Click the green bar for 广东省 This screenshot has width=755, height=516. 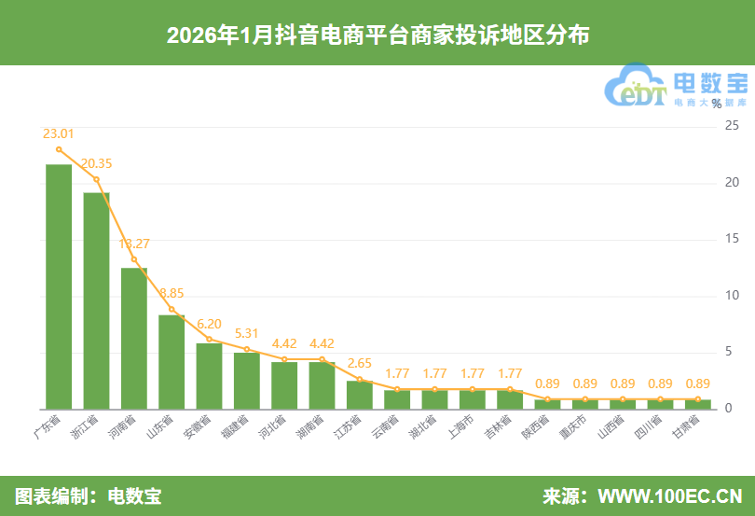[59, 286]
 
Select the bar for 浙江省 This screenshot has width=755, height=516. [96, 300]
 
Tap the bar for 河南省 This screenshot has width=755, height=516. [134, 338]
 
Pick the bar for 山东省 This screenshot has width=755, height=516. [172, 361]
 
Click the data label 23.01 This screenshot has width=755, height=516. [58, 133]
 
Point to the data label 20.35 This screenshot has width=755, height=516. [96, 163]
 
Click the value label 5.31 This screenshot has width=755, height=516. [246, 333]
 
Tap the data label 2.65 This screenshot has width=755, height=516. [359, 363]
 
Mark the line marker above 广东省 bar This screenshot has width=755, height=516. [59, 149]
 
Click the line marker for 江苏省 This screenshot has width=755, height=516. [359, 379]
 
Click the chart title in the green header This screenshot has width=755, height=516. [377, 35]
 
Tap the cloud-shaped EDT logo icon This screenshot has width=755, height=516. [637, 87]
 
